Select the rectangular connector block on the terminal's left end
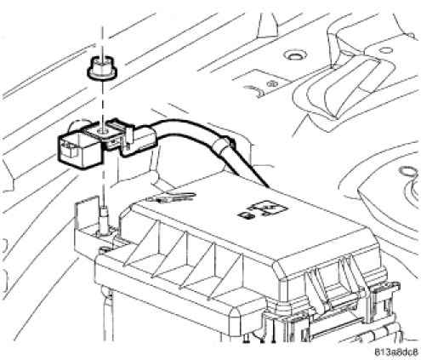pyautogui.click(x=80, y=151)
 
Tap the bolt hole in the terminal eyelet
pyautogui.click(x=100, y=131)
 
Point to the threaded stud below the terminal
pyautogui.click(x=105, y=220)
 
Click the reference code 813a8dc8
pyautogui.click(x=396, y=352)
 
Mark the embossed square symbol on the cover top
pyautogui.click(x=264, y=211)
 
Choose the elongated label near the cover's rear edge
pyautogui.click(x=171, y=197)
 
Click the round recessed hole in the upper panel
pyautogui.click(x=295, y=55)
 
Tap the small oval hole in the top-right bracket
pyautogui.click(x=386, y=50)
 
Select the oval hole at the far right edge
pyautogui.click(x=407, y=171)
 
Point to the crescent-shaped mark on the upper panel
pyautogui.click(x=258, y=91)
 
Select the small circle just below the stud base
pyautogui.click(x=105, y=249)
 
